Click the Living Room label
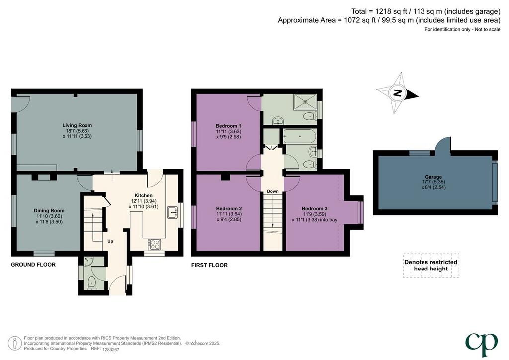coord(77,125)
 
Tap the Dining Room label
coord(49,211)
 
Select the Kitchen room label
coord(144,196)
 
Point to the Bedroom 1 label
coord(228,126)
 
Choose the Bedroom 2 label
coord(229,208)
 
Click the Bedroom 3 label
coord(314,208)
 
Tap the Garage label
coord(433,177)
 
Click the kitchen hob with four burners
coord(154,244)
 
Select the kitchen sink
coord(172,213)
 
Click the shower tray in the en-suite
coord(305,101)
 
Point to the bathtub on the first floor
coord(300,137)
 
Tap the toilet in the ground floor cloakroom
coord(92,282)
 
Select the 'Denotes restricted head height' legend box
coord(431,266)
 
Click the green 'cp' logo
coord(481,344)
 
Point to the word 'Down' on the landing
coord(273,191)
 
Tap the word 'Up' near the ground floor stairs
coord(110,241)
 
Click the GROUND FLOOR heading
coord(33,265)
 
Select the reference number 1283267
coord(111,350)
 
